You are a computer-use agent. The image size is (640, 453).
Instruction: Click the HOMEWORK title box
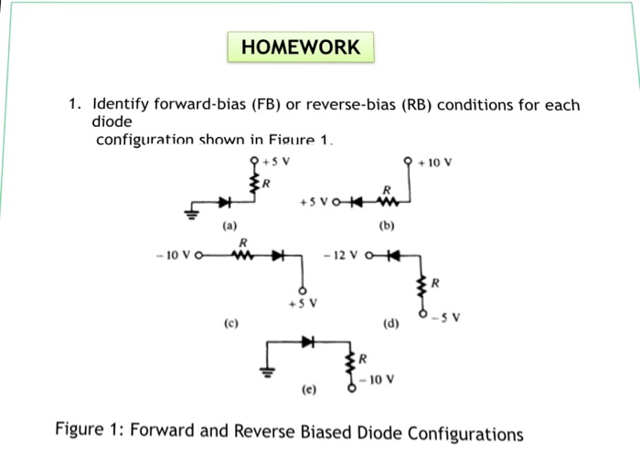(x=301, y=47)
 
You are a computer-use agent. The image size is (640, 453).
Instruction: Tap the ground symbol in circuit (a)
(x=192, y=216)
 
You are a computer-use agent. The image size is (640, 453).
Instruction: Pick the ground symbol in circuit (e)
(x=267, y=373)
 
